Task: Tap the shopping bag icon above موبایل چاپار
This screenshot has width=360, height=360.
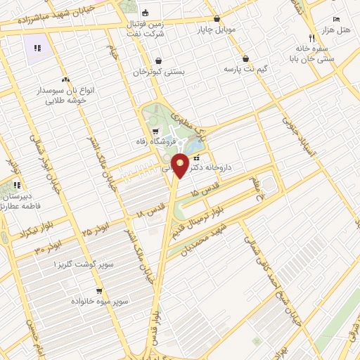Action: (x=217, y=19)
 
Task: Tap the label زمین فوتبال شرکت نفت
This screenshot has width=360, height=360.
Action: (x=147, y=29)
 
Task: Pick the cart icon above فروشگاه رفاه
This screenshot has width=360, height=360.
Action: (x=155, y=131)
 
